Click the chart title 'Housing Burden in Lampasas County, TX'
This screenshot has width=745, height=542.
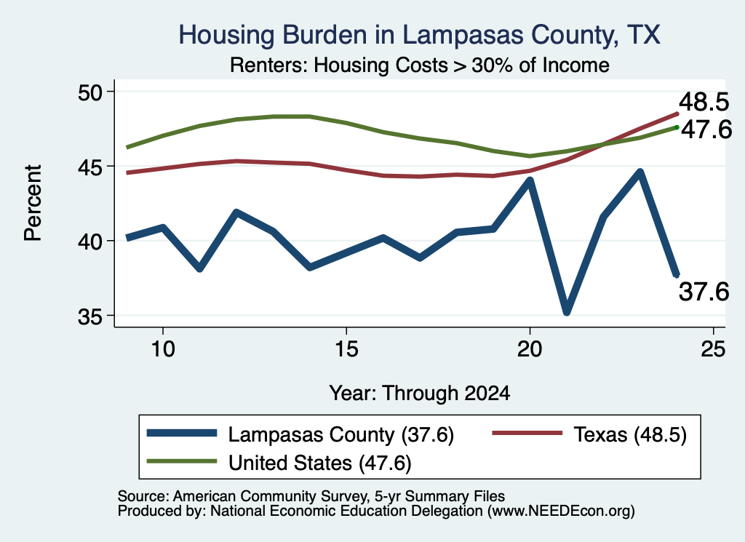click(419, 35)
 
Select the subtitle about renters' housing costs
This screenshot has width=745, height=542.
click(420, 65)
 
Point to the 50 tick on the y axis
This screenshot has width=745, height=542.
click(90, 92)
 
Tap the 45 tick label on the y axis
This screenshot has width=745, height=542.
click(90, 167)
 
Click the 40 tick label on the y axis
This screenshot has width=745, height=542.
click(90, 242)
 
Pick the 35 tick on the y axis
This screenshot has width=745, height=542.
click(90, 316)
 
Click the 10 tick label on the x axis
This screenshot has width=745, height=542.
click(163, 349)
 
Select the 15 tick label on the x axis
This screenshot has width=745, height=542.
click(346, 349)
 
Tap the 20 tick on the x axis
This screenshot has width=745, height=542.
click(530, 349)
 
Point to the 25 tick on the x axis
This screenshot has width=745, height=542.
click(713, 349)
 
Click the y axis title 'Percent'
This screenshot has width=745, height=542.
click(33, 203)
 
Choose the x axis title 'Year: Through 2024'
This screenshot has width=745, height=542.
click(420, 394)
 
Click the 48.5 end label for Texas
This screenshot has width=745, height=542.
click(704, 102)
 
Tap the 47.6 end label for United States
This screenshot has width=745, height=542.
click(706, 129)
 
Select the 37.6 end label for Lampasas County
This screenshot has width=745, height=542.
click(704, 291)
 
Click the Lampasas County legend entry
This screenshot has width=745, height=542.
click(300, 434)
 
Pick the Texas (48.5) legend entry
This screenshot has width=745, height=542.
click(589, 434)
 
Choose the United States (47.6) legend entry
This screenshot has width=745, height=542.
click(279, 463)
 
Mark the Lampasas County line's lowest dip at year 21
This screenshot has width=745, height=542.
click(566, 311)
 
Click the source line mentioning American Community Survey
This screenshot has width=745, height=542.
click(311, 496)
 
